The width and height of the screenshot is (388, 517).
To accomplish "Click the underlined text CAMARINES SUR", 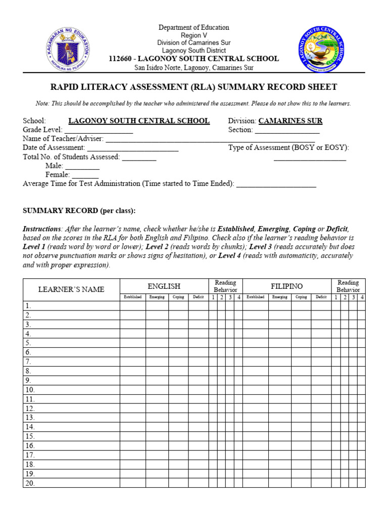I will click(290, 121).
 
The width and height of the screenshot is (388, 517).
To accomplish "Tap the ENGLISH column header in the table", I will click(164, 286).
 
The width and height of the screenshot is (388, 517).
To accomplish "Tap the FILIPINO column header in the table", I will click(286, 286).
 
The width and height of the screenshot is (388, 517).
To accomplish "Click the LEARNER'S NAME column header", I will click(71, 289).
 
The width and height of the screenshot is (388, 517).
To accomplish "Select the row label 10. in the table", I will click(30, 390).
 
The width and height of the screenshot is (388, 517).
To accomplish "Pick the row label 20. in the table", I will click(30, 483).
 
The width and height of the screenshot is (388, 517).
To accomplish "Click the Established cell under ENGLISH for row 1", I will click(132, 306).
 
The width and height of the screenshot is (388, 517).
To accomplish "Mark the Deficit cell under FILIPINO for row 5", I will click(321, 343).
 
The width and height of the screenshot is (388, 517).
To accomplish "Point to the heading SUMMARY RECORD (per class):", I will click(79, 211).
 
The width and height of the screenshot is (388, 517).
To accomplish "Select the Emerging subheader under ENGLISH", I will click(157, 297).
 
